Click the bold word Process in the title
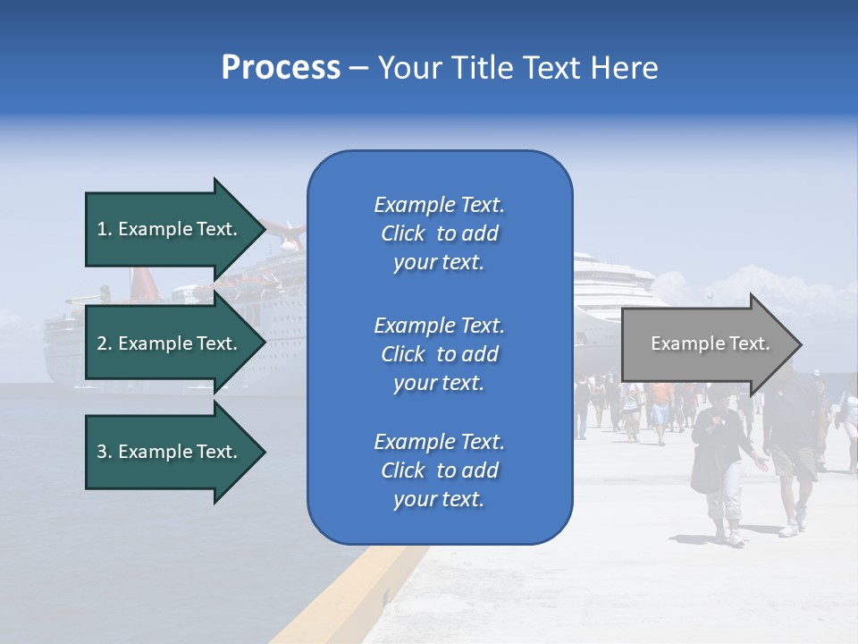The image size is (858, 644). pyautogui.click(x=281, y=68)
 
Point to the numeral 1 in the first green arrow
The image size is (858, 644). pyautogui.click(x=101, y=229)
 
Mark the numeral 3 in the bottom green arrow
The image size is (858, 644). pyautogui.click(x=101, y=452)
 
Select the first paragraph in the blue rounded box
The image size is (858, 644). pyautogui.click(x=439, y=233)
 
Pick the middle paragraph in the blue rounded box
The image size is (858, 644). pyautogui.click(x=439, y=354)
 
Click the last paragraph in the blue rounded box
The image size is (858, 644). pyautogui.click(x=439, y=470)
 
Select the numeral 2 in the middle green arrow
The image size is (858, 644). pyautogui.click(x=101, y=343)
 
